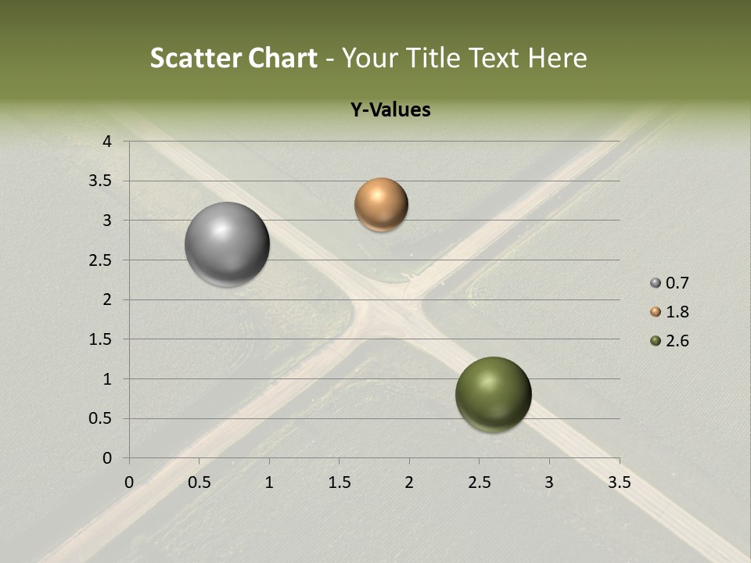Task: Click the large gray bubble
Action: [228, 244]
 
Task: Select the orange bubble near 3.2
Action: [381, 205]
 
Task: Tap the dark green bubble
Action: [494, 394]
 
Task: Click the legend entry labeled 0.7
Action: [670, 283]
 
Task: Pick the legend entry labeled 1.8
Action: [670, 312]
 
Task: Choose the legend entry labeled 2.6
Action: [670, 341]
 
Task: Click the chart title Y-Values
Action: [390, 110]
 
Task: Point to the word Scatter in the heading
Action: [196, 58]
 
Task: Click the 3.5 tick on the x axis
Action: [620, 482]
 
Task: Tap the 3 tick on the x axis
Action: [549, 482]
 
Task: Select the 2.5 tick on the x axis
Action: [480, 482]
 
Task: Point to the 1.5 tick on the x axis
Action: [340, 482]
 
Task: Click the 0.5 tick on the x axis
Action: [199, 482]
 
